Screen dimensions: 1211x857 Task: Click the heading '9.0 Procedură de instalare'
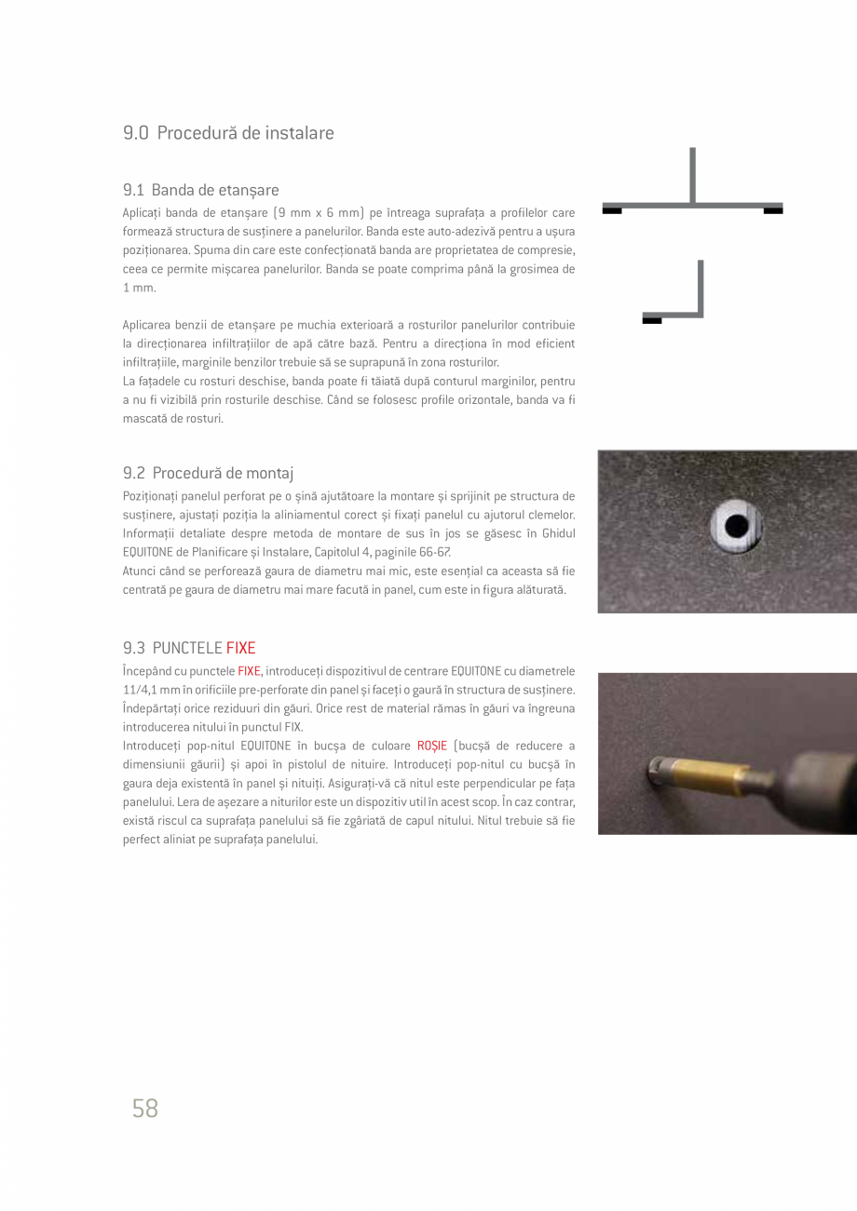point(228,133)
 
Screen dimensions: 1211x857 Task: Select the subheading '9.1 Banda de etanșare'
point(200,190)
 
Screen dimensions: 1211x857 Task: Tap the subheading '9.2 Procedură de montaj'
point(209,473)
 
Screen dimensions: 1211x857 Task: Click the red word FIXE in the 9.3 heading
point(240,648)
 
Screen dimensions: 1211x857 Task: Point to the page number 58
point(145,1108)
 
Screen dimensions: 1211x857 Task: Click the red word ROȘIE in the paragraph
point(432,746)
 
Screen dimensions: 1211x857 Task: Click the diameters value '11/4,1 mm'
point(150,690)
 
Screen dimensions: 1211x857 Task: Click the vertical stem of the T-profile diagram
point(692,175)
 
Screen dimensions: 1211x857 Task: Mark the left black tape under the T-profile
point(612,211)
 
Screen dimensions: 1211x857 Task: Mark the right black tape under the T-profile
point(773,211)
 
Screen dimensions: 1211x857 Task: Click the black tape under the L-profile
point(652,321)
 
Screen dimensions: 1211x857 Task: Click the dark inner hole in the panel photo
point(737,526)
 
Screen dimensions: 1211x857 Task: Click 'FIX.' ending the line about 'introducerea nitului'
point(292,727)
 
